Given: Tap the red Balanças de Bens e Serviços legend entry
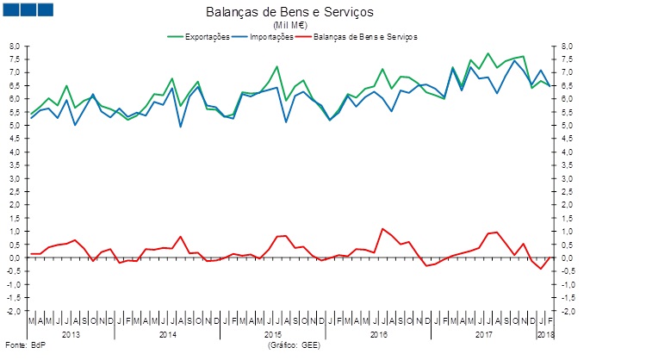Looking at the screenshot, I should click(x=366, y=37).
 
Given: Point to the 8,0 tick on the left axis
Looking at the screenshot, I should click(x=14, y=46).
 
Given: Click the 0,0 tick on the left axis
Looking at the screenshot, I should click(x=14, y=258).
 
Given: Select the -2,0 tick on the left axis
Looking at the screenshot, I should click(x=13, y=311).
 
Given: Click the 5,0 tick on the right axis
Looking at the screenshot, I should click(x=567, y=126).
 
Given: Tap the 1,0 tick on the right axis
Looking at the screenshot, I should click(x=567, y=232).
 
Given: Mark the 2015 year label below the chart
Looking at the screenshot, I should click(x=272, y=332).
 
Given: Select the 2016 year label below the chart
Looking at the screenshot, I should click(x=378, y=332).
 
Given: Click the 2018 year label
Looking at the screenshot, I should click(x=546, y=332).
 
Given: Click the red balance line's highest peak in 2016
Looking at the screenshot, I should click(x=382, y=228).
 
